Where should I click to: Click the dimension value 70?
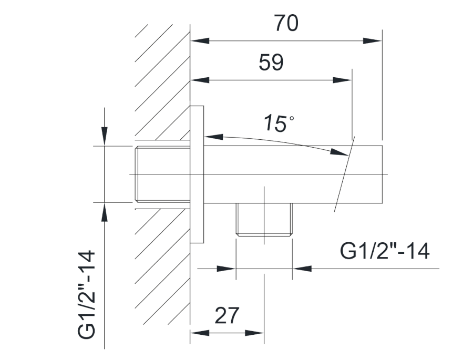tap(286, 23)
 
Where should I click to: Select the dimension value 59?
tap(271, 63)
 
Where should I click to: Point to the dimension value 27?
tap(227, 315)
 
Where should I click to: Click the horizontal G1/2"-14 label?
tap(385, 251)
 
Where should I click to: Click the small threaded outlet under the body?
tap(264, 220)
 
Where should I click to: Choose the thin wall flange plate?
tap(197, 174)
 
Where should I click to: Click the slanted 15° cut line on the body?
tap(345, 174)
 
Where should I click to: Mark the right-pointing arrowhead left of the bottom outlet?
tap(226, 269)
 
